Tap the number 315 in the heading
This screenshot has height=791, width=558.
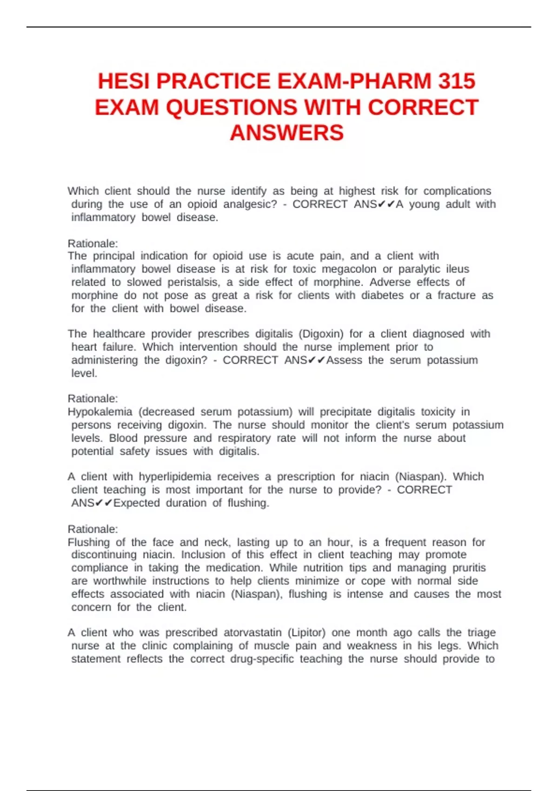click(x=456, y=81)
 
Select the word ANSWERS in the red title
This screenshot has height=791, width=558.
click(x=286, y=133)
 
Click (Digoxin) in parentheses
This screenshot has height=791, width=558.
click(x=321, y=334)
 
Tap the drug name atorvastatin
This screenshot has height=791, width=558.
click(x=252, y=632)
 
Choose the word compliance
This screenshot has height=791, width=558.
click(x=100, y=568)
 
